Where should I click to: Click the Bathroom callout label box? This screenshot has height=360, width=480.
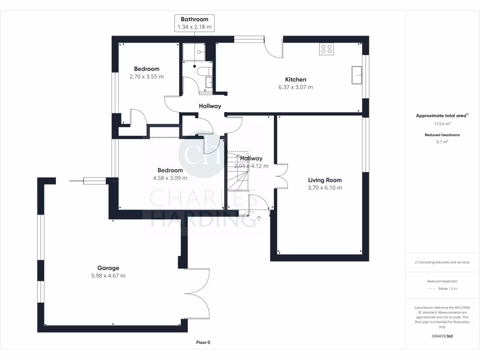195,23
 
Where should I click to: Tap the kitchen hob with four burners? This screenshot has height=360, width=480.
326,49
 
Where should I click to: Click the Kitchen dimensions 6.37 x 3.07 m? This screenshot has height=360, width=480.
295,87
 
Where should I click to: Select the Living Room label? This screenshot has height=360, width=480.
324,180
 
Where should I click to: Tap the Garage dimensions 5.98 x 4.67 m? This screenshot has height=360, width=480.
108,276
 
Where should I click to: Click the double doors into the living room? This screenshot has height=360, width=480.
281,177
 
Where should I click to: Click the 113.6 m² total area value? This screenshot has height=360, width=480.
442,124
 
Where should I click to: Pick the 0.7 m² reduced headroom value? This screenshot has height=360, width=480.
442,142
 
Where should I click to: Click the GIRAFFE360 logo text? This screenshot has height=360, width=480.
442,336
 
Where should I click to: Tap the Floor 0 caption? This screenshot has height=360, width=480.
203,343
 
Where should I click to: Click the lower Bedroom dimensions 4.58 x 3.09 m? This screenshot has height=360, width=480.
170,178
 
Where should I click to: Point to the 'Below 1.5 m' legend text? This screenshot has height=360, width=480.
447,289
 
